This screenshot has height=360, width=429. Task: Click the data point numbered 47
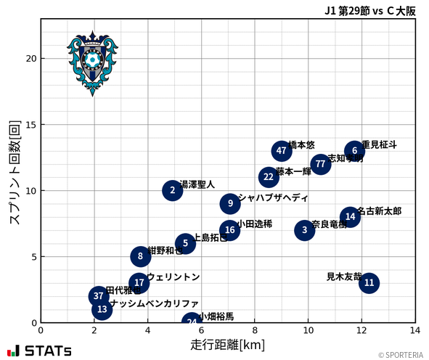pos(282,151)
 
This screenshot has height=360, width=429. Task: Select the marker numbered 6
pos(354,151)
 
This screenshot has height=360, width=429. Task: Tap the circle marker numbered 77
pos(320,164)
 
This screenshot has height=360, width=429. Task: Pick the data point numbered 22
pos(269,177)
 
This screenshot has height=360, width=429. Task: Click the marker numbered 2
pos(172,191)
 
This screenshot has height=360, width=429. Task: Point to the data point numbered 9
pos(230,204)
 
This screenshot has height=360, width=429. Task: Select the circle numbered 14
pos(350,217)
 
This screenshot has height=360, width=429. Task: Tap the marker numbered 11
pos(369,283)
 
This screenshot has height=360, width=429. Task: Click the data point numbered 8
pos(140,256)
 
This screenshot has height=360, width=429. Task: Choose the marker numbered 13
pos(102,310)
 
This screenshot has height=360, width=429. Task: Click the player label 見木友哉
pos(343,277)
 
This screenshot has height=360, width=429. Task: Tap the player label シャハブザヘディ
pos(272,197)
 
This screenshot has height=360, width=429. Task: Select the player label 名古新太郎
pos(379,211)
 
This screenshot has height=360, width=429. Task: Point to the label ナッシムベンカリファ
pos(154,303)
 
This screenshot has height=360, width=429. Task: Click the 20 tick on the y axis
pos(30,59)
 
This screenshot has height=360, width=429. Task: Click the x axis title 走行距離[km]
pos(228,343)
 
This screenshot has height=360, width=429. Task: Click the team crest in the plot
pos(92,63)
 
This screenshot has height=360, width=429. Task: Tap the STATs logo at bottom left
pos(40,351)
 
